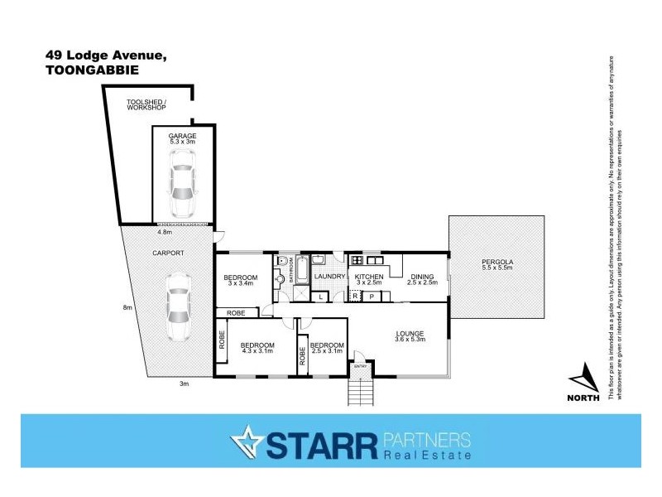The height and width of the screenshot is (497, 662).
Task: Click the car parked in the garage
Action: point(181,190)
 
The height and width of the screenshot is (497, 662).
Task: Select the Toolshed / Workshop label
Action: point(146,105)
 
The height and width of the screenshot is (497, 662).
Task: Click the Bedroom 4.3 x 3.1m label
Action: point(257,349)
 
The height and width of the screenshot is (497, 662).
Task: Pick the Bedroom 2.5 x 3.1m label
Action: point(327,349)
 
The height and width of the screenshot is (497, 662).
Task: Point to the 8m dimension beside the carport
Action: point(127,307)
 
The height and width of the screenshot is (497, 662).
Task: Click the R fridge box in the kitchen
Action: point(355,295)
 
